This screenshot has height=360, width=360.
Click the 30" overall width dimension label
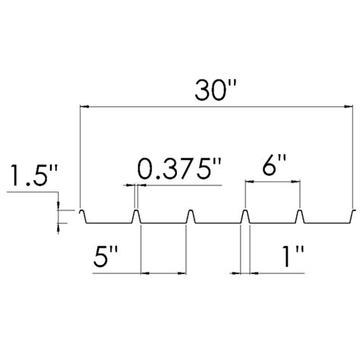tap(215, 90)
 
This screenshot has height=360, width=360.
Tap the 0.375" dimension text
tap(180, 169)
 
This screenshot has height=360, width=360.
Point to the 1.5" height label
tap(33, 175)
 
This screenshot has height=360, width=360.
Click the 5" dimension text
tap(105, 257)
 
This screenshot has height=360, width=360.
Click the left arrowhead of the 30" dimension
tap(84, 107)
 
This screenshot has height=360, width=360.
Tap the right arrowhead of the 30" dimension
tap(349, 107)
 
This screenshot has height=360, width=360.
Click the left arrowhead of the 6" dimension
tap(250, 182)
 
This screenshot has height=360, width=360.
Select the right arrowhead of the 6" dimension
tap(295, 182)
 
